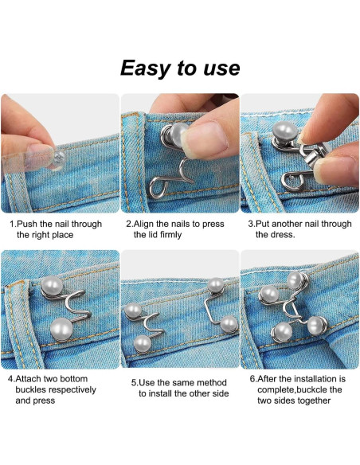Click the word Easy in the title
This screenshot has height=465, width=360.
pos(147,68)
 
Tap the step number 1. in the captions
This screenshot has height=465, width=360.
pos(13,224)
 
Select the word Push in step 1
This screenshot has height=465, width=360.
pos(29,224)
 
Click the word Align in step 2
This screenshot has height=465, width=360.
pos(147,224)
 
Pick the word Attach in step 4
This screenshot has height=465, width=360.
pos(32,379)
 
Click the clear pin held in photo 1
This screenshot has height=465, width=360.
pos(46,153)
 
